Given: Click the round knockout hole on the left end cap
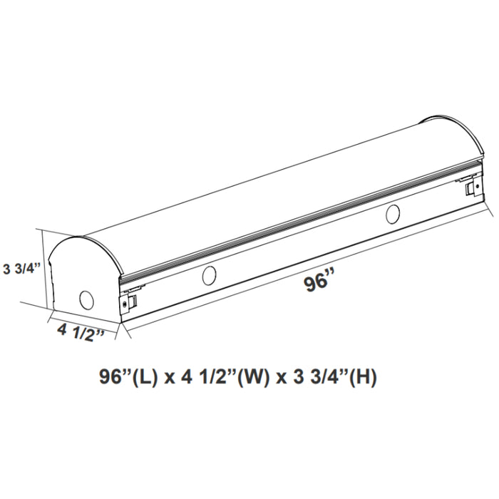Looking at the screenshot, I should coord(87,300).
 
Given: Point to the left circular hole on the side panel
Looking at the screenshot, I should coord(210,274).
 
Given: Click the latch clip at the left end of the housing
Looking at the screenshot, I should coord(128,302).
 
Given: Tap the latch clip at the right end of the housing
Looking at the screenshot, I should coord(471,187).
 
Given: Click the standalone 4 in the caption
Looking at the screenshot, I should coord(187,376).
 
